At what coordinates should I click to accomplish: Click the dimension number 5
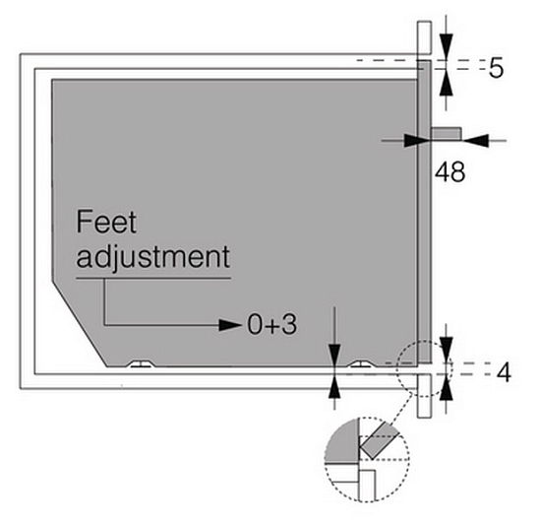(x=496, y=68)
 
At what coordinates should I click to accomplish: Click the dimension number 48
(x=449, y=171)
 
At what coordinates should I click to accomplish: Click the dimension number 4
(x=504, y=372)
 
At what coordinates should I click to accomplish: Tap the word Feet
(x=106, y=222)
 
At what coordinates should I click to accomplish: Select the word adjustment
(x=153, y=258)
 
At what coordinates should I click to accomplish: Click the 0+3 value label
(x=271, y=325)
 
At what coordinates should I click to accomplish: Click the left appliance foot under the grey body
(x=141, y=364)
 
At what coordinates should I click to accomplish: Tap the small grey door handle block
(x=447, y=134)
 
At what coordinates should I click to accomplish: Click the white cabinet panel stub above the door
(x=424, y=37)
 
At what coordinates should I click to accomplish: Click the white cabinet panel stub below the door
(x=424, y=396)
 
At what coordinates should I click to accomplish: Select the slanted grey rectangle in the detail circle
(x=379, y=440)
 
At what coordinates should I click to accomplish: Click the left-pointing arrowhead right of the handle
(x=475, y=141)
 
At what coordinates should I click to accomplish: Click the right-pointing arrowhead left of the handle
(x=417, y=141)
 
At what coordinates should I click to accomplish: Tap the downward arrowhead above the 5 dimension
(x=446, y=47)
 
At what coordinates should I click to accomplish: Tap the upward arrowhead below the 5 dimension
(x=446, y=83)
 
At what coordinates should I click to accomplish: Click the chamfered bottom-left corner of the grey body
(x=80, y=324)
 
